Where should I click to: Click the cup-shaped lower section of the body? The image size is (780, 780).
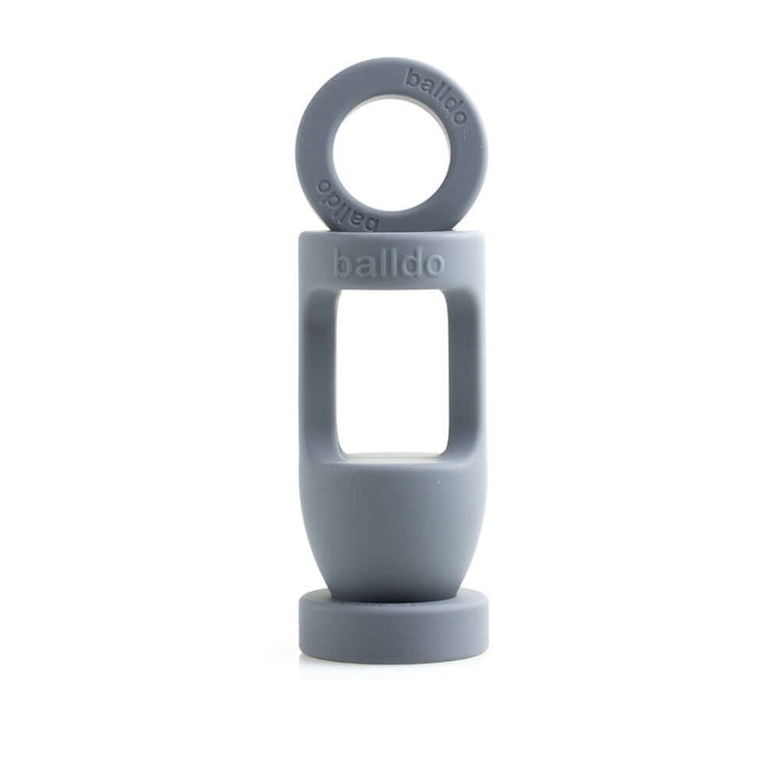[x=392, y=517]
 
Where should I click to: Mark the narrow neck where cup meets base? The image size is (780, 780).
[x=392, y=589]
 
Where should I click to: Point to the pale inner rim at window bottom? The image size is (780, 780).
[x=392, y=454]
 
